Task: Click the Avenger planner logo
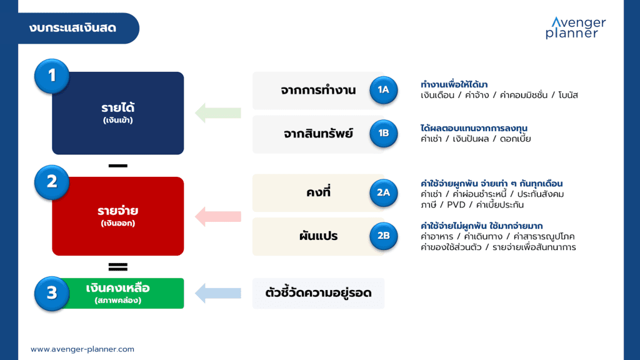[576, 27]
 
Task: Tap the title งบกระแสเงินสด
[72, 28]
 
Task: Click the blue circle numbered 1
[52, 76]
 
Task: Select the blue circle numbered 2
[52, 182]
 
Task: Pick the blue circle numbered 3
[52, 293]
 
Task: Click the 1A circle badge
[383, 90]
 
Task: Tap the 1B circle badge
[383, 134]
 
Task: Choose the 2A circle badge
[383, 192]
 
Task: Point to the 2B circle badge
[383, 236]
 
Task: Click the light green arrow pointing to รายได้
[218, 113]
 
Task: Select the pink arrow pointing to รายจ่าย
[218, 216]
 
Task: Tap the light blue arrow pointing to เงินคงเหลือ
[218, 293]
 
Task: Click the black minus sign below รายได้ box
[118, 166]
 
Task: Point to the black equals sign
[118, 267]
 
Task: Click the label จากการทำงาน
[318, 90]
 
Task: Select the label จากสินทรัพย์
[318, 134]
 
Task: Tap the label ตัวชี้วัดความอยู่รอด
[318, 292]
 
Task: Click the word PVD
[456, 205]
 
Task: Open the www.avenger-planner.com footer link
[82, 349]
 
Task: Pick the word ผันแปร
[318, 236]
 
